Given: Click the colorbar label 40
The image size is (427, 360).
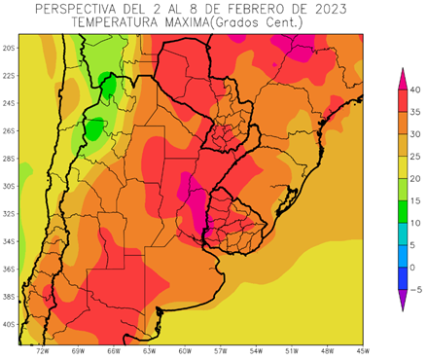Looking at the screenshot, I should [x=415, y=90].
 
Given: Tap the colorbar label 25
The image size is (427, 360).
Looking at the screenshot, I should [x=415, y=157].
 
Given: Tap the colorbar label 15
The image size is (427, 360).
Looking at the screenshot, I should [x=415, y=200].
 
